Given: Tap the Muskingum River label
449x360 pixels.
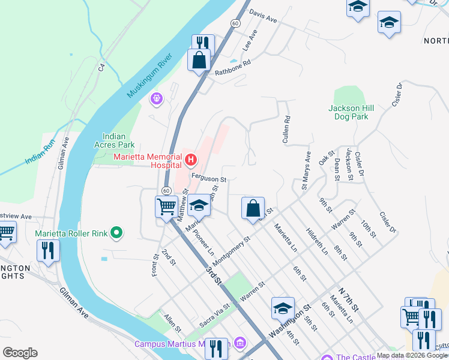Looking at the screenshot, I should pos(150,76).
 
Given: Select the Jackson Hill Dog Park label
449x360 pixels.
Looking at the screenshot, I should pos(351,112).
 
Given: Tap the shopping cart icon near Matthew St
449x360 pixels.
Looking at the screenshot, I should pos(166,207).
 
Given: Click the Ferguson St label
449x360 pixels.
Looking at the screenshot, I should pos(208,179).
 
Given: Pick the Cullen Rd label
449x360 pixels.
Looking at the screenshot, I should pos(286,130).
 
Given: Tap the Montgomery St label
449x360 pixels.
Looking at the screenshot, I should pos(231,247).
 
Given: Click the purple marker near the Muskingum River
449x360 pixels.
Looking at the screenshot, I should pos(157,97).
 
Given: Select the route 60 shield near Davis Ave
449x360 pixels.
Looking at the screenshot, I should pos(235,23).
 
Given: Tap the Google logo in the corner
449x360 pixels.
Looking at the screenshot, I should pos(20,353).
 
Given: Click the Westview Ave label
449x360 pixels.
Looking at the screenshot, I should pos(16,215).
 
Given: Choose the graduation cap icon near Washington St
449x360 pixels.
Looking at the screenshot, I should pos(283,308).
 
